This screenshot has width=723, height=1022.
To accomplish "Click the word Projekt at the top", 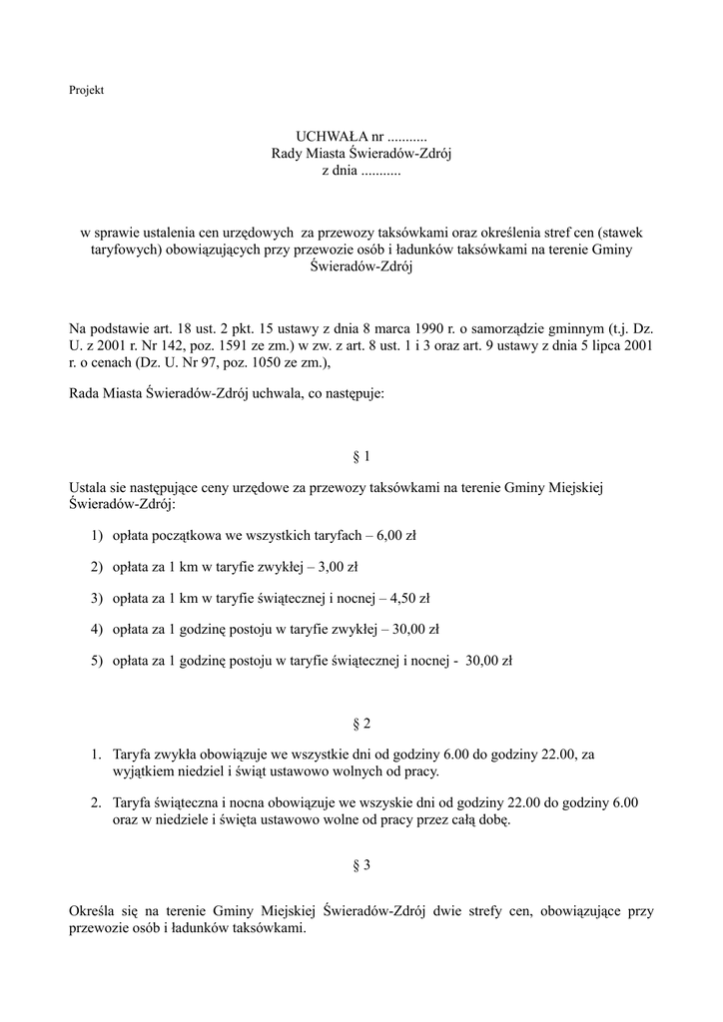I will pos(87,90).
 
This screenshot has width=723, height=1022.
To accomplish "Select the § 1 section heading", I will pos(361,456).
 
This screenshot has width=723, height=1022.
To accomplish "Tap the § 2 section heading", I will pos(361,723).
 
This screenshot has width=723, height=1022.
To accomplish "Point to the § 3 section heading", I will pos(361,866).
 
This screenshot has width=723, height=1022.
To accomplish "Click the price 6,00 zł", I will pos(396,536).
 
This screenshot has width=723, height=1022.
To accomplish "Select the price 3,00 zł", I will pos(338,567).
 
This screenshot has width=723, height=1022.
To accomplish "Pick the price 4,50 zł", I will pos(409,599).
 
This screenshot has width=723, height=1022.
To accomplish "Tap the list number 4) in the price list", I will pos(97,630).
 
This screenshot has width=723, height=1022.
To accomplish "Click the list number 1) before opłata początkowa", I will pos(97,536).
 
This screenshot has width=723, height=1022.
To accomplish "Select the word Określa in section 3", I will pos(93,910).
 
